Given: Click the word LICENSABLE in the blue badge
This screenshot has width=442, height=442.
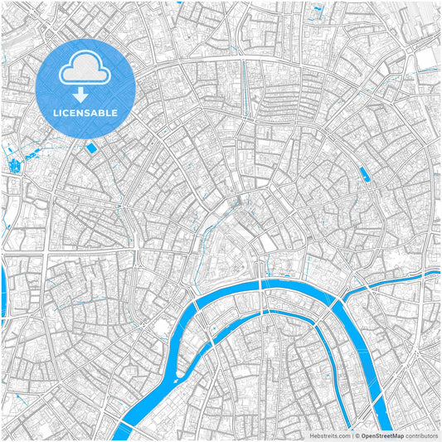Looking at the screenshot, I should click(x=85, y=112).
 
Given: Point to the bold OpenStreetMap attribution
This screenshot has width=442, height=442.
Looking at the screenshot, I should click(x=388, y=434).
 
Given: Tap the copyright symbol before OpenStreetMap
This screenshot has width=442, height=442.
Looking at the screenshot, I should click(x=357, y=434).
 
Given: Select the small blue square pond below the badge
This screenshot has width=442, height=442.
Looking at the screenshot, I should click(x=90, y=147).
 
